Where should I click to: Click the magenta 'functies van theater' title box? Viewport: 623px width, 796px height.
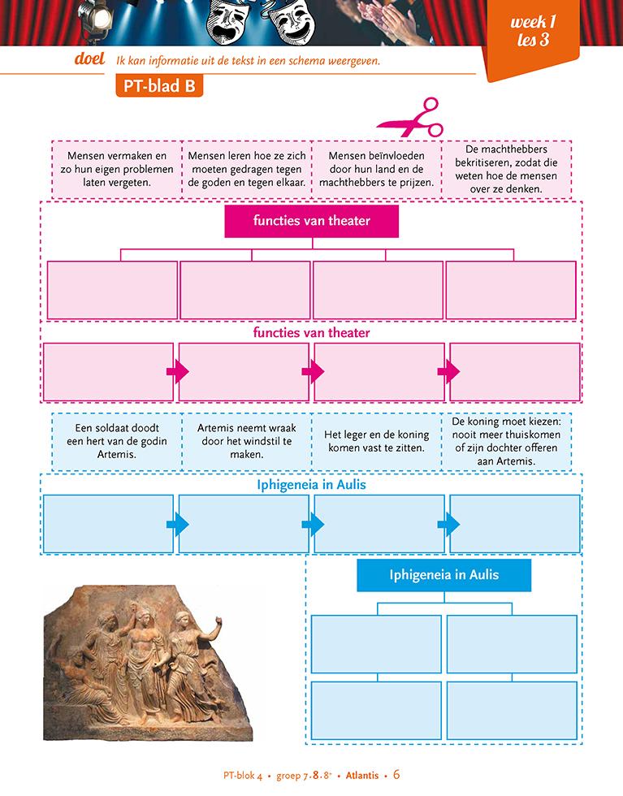coord(311,221)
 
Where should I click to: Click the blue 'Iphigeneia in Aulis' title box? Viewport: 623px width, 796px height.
coord(443,576)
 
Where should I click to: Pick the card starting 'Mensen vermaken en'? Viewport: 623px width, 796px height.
coord(116,168)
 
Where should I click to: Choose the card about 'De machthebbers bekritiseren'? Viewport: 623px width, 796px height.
coord(507,169)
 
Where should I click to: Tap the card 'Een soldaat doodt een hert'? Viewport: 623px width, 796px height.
coord(116,441)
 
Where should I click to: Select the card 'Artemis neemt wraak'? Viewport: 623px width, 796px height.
coord(246,441)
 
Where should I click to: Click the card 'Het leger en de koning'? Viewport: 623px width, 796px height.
coord(376,441)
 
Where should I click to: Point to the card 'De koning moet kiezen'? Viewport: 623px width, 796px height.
coord(507,441)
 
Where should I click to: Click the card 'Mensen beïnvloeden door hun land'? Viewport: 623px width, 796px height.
coord(376,168)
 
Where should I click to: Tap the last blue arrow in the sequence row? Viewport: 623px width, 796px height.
coord(448,524)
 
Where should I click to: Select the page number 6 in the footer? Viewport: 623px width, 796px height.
coord(397,774)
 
